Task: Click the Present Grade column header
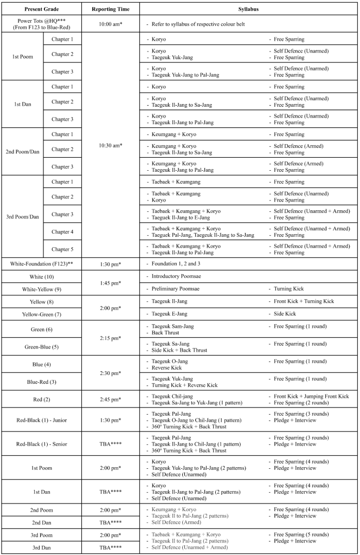(x=41, y=9)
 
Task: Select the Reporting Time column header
(x=111, y=9)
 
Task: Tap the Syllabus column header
(x=248, y=9)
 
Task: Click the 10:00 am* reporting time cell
(x=111, y=24)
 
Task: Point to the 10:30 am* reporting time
(x=111, y=145)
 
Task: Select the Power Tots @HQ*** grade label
(x=41, y=21)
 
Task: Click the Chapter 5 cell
(x=62, y=249)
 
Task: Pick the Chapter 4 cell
(x=62, y=232)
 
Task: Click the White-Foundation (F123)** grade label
(x=41, y=263)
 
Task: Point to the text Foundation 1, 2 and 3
(x=175, y=263)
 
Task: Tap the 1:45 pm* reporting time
(x=111, y=283)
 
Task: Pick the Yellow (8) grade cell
(x=41, y=302)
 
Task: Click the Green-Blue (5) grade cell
(x=41, y=347)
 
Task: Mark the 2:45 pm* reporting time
(x=111, y=399)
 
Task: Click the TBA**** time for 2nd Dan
(x=111, y=522)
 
